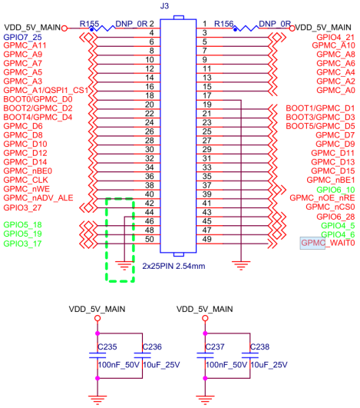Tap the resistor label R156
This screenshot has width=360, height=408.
(224, 25)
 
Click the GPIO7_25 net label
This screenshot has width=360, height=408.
(23, 36)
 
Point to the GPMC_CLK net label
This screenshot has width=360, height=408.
(27, 179)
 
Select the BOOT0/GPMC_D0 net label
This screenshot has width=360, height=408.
(38, 99)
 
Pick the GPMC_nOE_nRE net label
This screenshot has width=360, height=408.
(322, 198)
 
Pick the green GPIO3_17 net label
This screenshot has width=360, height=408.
(23, 244)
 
